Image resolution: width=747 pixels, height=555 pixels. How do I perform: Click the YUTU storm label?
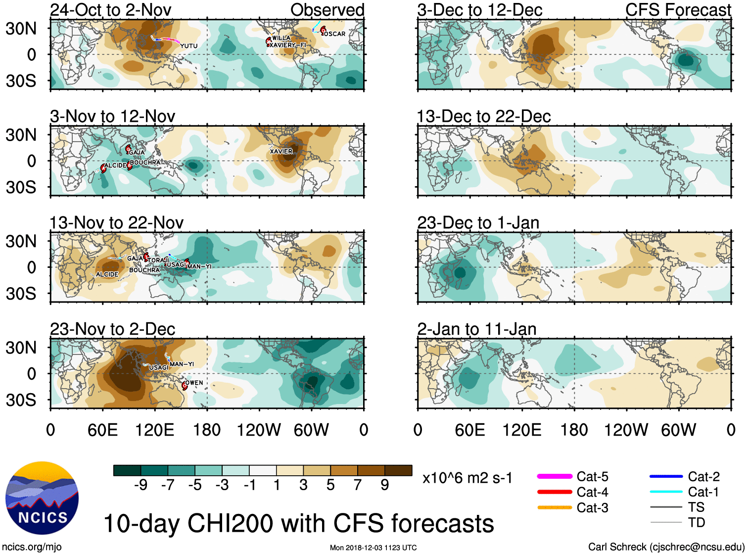[x=188, y=46]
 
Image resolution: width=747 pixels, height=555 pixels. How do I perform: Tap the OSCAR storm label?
[x=335, y=34]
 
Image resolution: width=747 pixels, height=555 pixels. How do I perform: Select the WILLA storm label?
[x=281, y=38]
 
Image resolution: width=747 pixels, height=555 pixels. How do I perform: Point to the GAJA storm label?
[x=137, y=152]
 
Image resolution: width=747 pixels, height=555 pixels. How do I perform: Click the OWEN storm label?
[x=194, y=383]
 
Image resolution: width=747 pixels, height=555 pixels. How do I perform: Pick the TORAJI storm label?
[x=158, y=260]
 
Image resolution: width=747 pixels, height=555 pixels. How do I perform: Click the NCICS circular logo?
[x=42, y=498]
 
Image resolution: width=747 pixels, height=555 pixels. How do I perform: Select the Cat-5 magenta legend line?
[x=555, y=476]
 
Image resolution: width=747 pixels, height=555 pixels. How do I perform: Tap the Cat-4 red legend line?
[x=555, y=492]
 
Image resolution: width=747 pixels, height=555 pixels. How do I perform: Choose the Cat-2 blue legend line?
[x=666, y=476]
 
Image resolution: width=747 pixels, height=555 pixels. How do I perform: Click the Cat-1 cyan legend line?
[x=666, y=492]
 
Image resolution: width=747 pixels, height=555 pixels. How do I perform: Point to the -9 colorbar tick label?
[x=140, y=485]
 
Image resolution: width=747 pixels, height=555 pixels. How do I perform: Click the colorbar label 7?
[x=358, y=485]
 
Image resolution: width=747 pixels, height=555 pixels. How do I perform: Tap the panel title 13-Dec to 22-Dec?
[x=483, y=116]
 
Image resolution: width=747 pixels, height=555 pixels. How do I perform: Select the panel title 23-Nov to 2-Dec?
[x=112, y=329]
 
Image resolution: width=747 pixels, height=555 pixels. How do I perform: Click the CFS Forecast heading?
[x=678, y=10]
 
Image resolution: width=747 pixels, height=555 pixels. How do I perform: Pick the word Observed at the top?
[x=327, y=10]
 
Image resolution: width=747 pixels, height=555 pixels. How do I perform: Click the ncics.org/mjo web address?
[x=32, y=547]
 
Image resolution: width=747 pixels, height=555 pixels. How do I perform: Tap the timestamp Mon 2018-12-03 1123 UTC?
[x=373, y=548]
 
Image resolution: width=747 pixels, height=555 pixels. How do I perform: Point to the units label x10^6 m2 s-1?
[x=467, y=478]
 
